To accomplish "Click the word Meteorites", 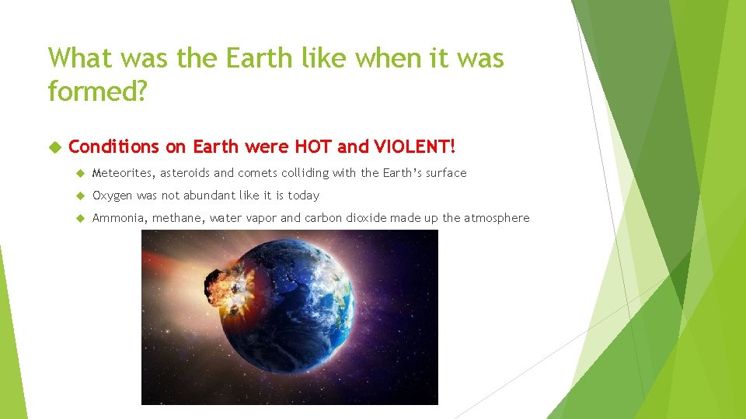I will (124, 173).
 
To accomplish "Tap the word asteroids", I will (186, 173).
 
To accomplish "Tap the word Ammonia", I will (118, 218).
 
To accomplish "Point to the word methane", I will (178, 218).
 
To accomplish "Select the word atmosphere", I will (497, 218).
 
